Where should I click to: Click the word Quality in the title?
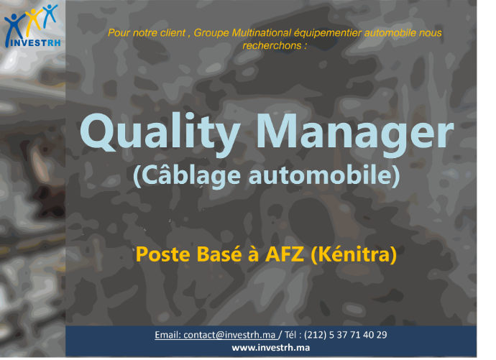pyautogui.click(x=160, y=134)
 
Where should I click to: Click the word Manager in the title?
pyautogui.click(x=355, y=134)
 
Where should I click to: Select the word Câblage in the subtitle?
pyautogui.click(x=187, y=175)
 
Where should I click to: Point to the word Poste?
pyautogui.click(x=163, y=254)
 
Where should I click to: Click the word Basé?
pyautogui.click(x=219, y=254)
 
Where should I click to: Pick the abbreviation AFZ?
pyautogui.click(x=285, y=254)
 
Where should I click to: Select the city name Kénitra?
pyautogui.click(x=354, y=254)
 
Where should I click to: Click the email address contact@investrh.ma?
pyautogui.click(x=229, y=335)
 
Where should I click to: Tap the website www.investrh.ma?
pyautogui.click(x=271, y=348)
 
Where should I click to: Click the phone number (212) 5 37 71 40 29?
pyautogui.click(x=346, y=335)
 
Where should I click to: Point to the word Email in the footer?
pyautogui.click(x=167, y=335)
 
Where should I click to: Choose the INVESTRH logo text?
pyautogui.click(x=35, y=42)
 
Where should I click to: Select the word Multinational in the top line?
pyautogui.click(x=261, y=33)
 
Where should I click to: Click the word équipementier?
pyautogui.click(x=328, y=33)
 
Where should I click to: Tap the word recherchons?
pyautogui.click(x=272, y=46)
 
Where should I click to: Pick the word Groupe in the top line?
pyautogui.click(x=211, y=33)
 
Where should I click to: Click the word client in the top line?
pyautogui.click(x=173, y=33)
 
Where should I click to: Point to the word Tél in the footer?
pyautogui.click(x=290, y=335)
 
